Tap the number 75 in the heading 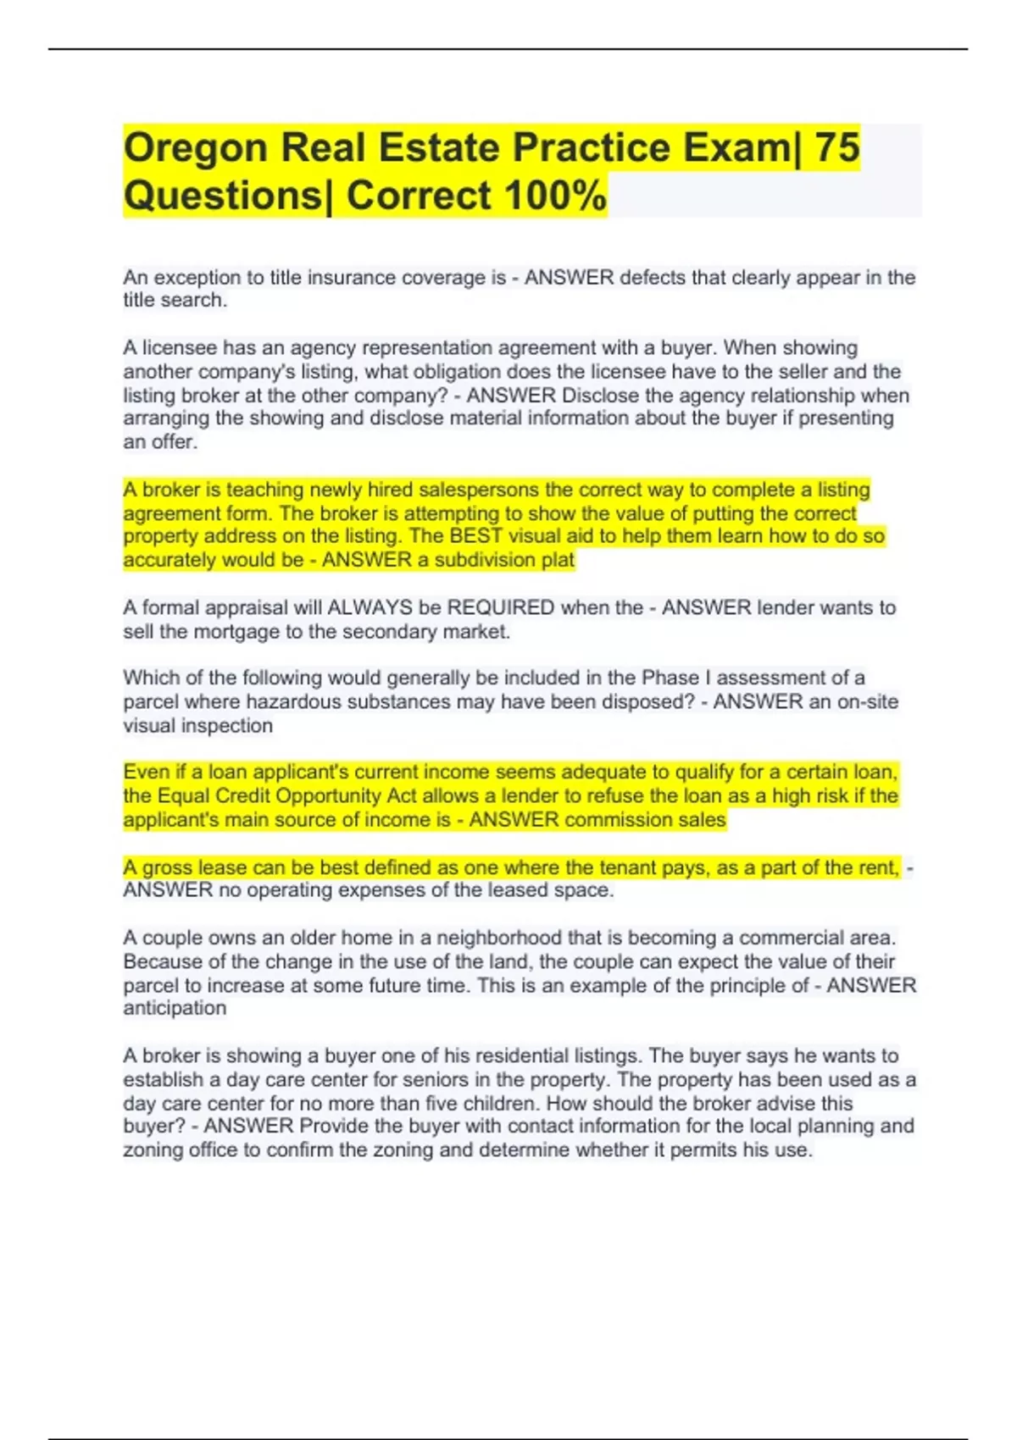click(x=836, y=148)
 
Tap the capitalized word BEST click(x=475, y=536)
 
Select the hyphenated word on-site click(x=868, y=701)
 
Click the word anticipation click(x=175, y=1008)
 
